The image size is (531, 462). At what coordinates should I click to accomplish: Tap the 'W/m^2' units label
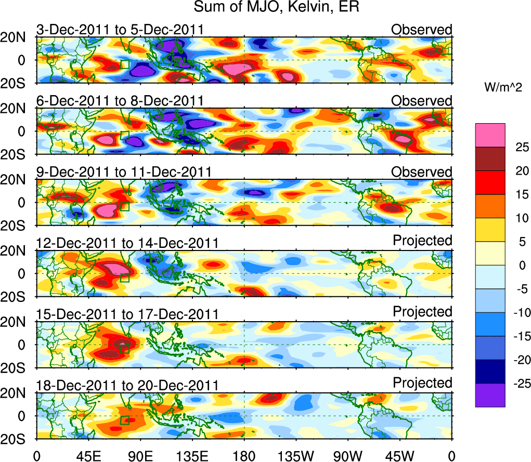tap(503, 88)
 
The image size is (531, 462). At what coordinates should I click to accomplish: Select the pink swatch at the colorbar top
tap(489, 135)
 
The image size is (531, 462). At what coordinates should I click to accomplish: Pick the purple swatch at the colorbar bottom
tap(489, 395)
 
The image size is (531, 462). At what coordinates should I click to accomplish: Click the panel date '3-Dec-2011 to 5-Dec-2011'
tap(120, 30)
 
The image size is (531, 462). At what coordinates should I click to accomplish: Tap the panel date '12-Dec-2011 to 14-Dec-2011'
tap(127, 243)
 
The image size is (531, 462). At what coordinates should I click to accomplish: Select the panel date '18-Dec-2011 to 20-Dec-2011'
tap(127, 385)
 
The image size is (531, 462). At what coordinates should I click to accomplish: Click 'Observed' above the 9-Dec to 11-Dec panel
tap(422, 171)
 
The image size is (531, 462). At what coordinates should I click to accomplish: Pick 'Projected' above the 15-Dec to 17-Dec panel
tap(422, 312)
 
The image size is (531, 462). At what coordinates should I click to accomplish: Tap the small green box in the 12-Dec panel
tap(124, 278)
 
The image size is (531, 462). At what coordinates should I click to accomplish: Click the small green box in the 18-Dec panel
tap(124, 420)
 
